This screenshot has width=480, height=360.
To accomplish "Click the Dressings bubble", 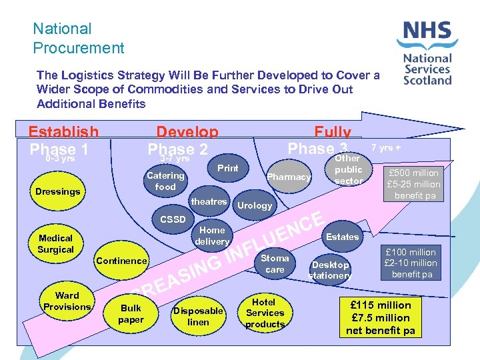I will (58, 191).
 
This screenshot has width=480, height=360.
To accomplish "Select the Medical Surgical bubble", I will (56, 243).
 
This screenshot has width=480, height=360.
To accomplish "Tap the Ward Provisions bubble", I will (67, 301).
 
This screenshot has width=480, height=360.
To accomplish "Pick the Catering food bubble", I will (165, 181).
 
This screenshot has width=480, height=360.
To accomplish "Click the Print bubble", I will (227, 168).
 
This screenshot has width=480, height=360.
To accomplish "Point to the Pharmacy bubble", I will (289, 177).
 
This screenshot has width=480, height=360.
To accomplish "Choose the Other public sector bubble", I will (348, 170).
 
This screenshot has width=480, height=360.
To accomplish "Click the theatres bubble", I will (209, 201).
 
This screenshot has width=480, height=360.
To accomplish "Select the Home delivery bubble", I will (212, 235).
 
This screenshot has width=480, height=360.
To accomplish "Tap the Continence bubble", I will (121, 261).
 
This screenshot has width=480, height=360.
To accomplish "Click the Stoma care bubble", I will (275, 264).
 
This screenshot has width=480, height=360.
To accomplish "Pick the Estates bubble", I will (343, 237).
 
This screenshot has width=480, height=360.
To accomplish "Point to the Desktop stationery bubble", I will (330, 270).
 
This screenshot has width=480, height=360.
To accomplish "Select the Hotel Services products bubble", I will (265, 313).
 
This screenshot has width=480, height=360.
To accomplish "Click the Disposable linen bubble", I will (198, 317).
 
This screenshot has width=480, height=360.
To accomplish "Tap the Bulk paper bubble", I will (131, 314).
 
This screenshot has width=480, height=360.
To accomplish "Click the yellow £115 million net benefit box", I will (381, 317).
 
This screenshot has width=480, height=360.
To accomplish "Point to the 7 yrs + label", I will (387, 148).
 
